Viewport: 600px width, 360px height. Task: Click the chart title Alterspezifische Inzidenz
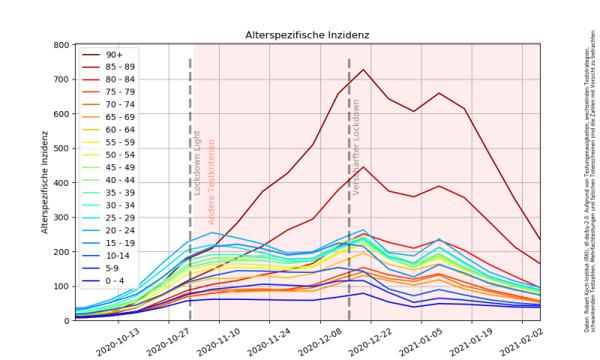308,35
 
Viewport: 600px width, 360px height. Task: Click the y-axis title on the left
45,182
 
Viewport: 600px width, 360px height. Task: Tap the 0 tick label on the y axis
67,321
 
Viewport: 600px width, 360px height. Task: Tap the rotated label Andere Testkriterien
211,181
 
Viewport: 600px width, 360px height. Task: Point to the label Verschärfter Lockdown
357,147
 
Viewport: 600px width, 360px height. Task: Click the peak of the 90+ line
364,70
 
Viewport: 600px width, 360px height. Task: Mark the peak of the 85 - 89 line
364,166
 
